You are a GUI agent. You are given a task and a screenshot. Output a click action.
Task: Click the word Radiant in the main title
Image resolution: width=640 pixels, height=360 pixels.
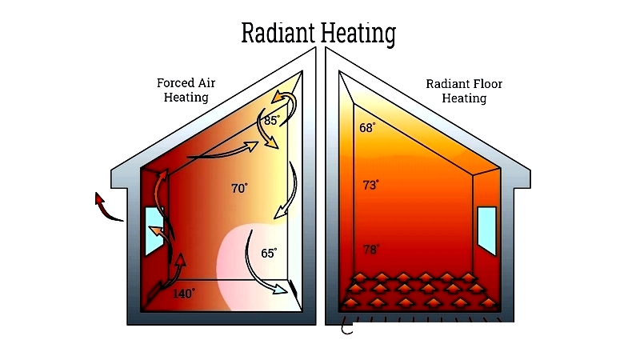(278, 33)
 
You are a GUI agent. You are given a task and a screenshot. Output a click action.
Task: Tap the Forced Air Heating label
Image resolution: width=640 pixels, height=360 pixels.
(186, 90)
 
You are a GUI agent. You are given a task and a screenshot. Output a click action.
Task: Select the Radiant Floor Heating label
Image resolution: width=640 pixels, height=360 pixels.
(464, 91)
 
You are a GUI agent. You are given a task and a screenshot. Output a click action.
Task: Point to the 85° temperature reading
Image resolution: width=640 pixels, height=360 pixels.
(272, 121)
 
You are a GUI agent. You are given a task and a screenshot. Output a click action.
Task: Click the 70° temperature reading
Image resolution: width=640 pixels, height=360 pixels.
(239, 188)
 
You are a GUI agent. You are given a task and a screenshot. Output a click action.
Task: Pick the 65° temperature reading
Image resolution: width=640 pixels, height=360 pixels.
(269, 253)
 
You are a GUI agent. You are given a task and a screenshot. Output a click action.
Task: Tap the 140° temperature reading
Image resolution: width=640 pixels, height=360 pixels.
(184, 294)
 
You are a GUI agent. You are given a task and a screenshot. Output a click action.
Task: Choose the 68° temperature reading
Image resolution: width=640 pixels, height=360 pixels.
(367, 128)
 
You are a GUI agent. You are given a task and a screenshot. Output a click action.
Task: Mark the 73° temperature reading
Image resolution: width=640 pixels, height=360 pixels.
(370, 185)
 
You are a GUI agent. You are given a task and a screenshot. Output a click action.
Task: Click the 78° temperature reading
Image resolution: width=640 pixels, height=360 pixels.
(371, 250)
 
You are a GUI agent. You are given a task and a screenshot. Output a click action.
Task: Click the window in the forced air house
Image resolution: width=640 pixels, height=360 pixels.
(154, 231)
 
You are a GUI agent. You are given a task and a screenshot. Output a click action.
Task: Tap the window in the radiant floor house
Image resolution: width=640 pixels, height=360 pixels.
(486, 231)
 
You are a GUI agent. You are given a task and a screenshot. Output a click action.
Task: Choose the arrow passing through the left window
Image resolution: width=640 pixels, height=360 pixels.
(162, 236)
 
